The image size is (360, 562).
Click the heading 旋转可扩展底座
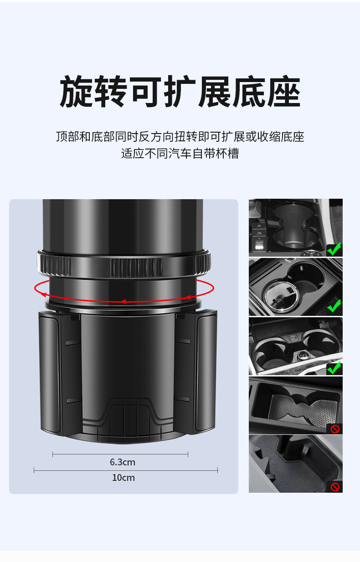[x=180, y=92]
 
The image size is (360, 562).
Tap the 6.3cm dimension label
[x=123, y=462]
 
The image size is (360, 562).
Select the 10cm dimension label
[x=123, y=478]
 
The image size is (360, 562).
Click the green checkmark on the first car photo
[x=334, y=249]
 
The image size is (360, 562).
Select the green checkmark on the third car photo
[x=334, y=367]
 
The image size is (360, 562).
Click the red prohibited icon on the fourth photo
[x=335, y=429]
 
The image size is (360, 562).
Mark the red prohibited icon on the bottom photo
[x=335, y=487]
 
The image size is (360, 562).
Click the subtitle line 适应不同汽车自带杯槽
[x=180, y=154]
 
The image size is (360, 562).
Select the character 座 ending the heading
[x=284, y=92]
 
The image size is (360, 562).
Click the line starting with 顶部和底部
[x=180, y=136]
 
